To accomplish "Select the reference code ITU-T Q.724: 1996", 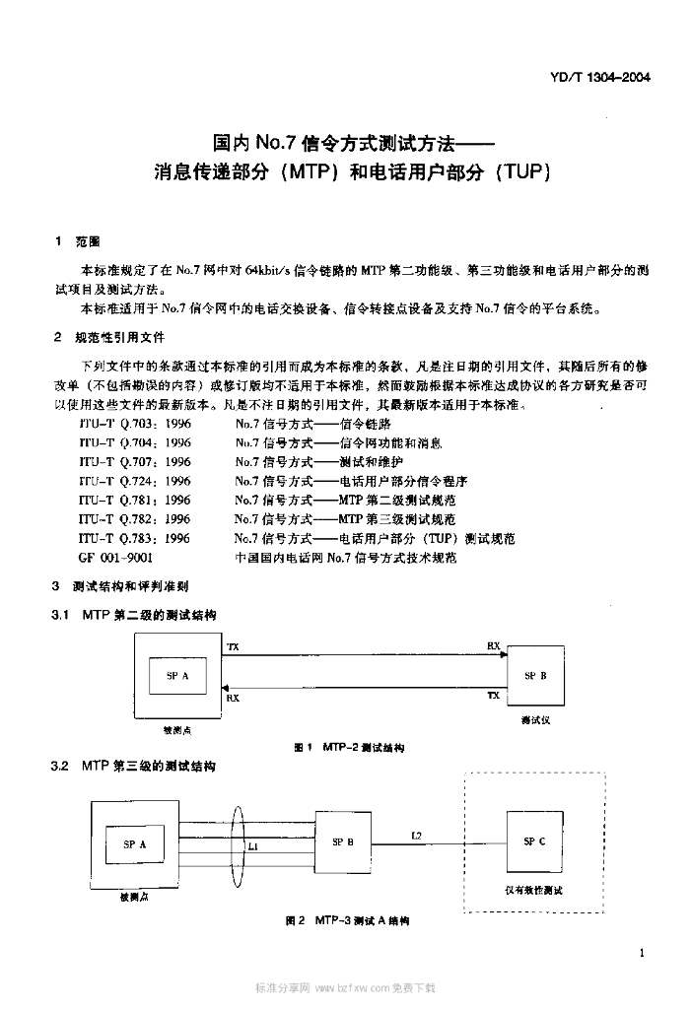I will click(135, 481).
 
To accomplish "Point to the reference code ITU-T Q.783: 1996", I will click(135, 538).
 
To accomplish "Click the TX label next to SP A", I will click(233, 647).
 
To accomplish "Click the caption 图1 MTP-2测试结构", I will click(349, 748).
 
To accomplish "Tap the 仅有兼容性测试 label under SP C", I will click(533, 890).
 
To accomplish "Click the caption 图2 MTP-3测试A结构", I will click(346, 919).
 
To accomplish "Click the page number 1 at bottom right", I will click(642, 953).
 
